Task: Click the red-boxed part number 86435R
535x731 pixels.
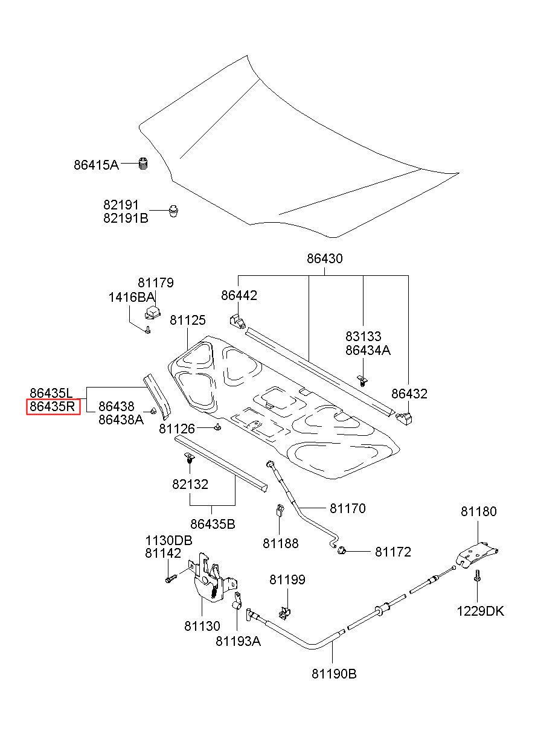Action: [x=53, y=407]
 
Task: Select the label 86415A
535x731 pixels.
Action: [x=96, y=165]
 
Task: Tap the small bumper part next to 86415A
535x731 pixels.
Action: [x=143, y=164]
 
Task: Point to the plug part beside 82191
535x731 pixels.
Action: [x=174, y=211]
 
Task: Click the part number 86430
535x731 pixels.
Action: [x=324, y=258]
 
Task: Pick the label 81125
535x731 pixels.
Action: [x=187, y=320]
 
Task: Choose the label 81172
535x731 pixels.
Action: [x=392, y=552]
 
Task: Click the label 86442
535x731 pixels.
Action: [x=239, y=295]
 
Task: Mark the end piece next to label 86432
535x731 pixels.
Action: [x=404, y=419]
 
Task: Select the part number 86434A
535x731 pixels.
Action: [x=368, y=350]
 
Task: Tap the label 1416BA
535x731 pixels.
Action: [x=131, y=298]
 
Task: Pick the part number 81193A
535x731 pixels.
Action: [x=238, y=641]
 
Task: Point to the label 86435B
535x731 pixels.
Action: [x=213, y=525]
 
